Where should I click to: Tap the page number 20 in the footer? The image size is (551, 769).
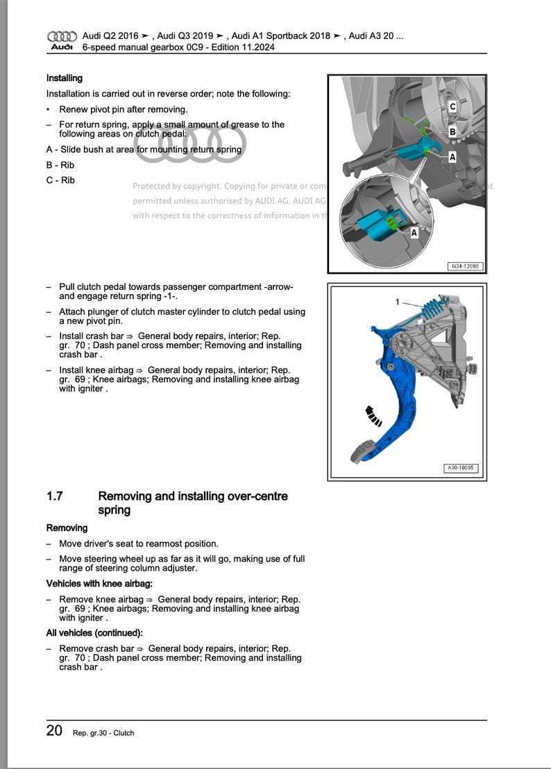point(54,731)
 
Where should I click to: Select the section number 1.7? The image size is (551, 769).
point(55,496)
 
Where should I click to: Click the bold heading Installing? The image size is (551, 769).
point(65,78)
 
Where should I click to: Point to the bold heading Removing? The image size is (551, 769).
point(67,528)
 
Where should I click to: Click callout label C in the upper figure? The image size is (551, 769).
point(452,107)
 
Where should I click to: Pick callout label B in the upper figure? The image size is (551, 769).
point(452,132)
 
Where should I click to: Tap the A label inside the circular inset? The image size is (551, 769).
point(414,233)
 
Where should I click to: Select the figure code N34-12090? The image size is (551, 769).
point(464,266)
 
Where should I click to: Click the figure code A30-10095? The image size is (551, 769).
point(461,469)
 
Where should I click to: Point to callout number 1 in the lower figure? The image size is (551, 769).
point(397,302)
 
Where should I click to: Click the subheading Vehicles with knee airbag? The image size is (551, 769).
point(99,584)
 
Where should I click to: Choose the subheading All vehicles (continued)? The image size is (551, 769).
point(94,633)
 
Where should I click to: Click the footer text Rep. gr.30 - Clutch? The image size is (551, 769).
point(103,733)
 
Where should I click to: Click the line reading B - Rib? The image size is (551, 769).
point(60,165)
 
